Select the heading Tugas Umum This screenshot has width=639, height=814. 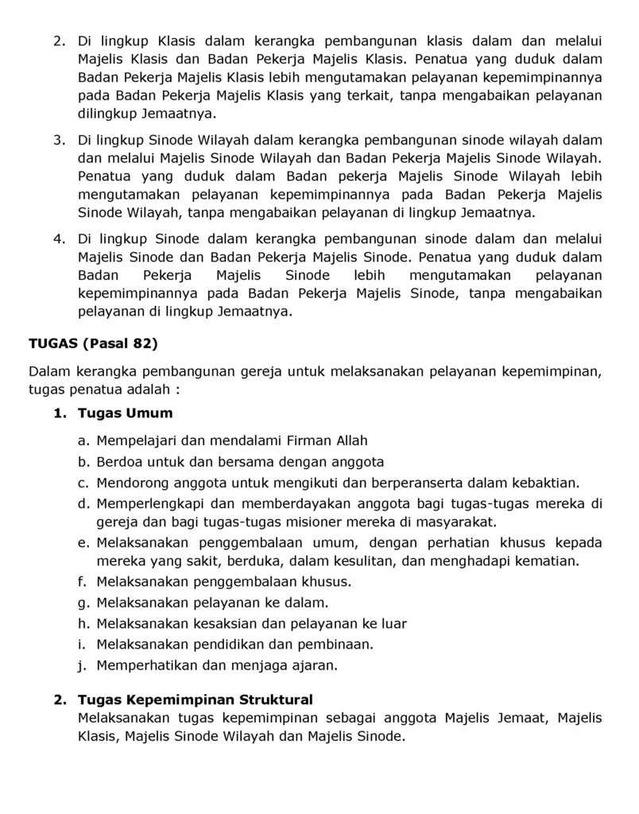(125, 413)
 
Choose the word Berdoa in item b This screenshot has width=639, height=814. (118, 462)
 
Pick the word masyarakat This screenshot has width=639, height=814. (455, 522)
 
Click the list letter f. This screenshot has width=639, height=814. (81, 582)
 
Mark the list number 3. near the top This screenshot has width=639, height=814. (59, 140)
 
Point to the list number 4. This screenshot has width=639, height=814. (59, 238)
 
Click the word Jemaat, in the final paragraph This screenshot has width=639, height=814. (525, 719)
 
